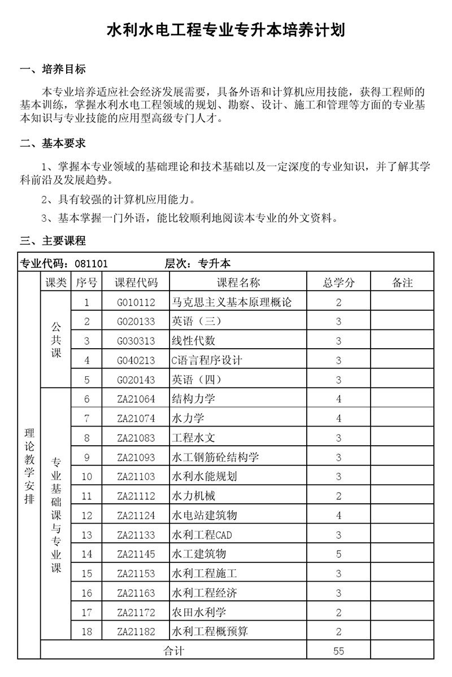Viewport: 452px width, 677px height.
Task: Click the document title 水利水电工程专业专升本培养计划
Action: coord(226,30)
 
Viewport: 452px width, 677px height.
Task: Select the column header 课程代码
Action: coord(136,283)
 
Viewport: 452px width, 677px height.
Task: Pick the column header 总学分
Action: coord(338,283)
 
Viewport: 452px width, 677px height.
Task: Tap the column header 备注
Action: coord(402,283)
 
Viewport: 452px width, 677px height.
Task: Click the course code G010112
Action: coord(136,302)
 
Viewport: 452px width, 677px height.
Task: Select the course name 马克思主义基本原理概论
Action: coord(232,302)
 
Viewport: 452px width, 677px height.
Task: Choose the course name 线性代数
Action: coord(193,341)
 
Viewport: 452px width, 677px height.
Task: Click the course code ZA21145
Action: coord(136,554)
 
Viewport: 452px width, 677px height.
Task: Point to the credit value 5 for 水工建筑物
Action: coord(338,554)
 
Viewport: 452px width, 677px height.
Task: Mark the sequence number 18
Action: coord(86,631)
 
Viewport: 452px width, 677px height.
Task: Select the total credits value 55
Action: coord(338,651)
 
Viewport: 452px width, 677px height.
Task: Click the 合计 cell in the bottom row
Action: coord(173,651)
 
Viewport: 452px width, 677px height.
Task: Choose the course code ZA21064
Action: coord(136,399)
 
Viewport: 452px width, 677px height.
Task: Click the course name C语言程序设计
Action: coord(206,361)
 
